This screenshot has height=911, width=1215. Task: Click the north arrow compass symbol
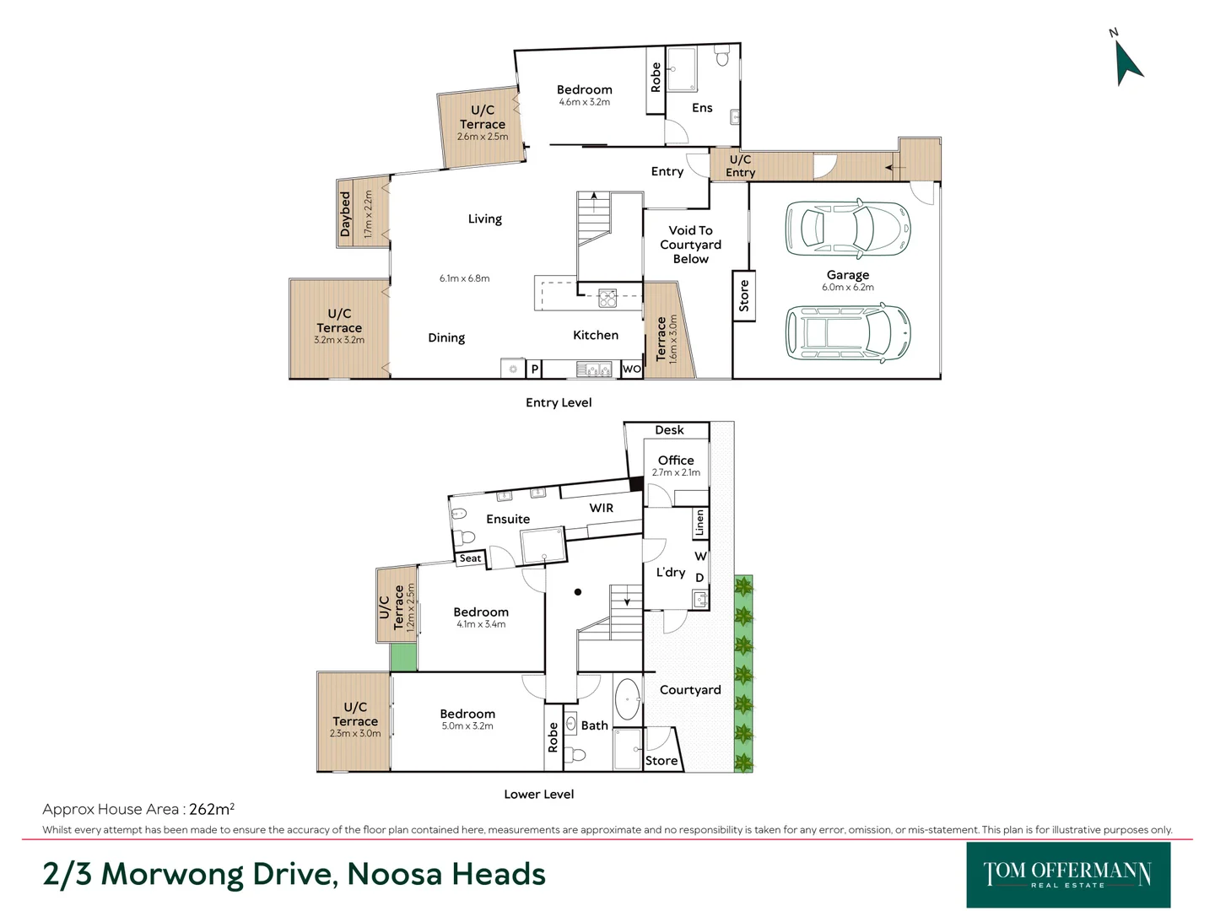(x=1127, y=62)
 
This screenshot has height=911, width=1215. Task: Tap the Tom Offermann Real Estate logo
(x=1067, y=875)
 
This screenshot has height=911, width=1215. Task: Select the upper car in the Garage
(x=847, y=229)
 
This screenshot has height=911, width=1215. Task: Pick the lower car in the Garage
(x=847, y=332)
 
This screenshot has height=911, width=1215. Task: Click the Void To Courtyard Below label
(x=690, y=245)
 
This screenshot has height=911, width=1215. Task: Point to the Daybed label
(x=345, y=214)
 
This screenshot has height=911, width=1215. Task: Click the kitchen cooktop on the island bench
(x=607, y=297)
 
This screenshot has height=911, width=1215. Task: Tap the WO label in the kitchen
(x=631, y=369)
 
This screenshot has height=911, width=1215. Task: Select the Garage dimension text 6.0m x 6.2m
(x=847, y=288)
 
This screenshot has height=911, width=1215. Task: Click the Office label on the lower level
(x=676, y=461)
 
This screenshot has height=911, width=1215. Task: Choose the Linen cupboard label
(x=699, y=524)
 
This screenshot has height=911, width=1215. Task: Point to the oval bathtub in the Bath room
(x=627, y=699)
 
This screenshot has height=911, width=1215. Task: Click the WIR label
(x=601, y=508)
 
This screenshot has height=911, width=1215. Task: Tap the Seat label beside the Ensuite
(x=470, y=558)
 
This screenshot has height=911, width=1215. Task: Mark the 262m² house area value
(x=211, y=809)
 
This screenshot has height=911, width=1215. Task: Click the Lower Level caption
(x=538, y=795)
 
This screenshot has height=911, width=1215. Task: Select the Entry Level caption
(x=558, y=403)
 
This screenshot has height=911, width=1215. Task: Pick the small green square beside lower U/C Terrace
(x=403, y=657)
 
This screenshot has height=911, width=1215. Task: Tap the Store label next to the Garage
(x=743, y=296)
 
